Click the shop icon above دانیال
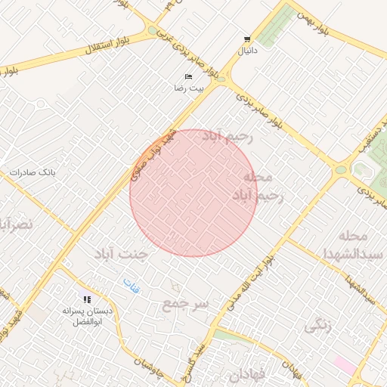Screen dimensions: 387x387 247,39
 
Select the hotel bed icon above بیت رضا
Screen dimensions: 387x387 189,77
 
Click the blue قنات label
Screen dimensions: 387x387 132,286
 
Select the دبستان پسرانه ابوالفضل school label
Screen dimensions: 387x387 96,317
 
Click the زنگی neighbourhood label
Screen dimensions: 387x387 317,326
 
